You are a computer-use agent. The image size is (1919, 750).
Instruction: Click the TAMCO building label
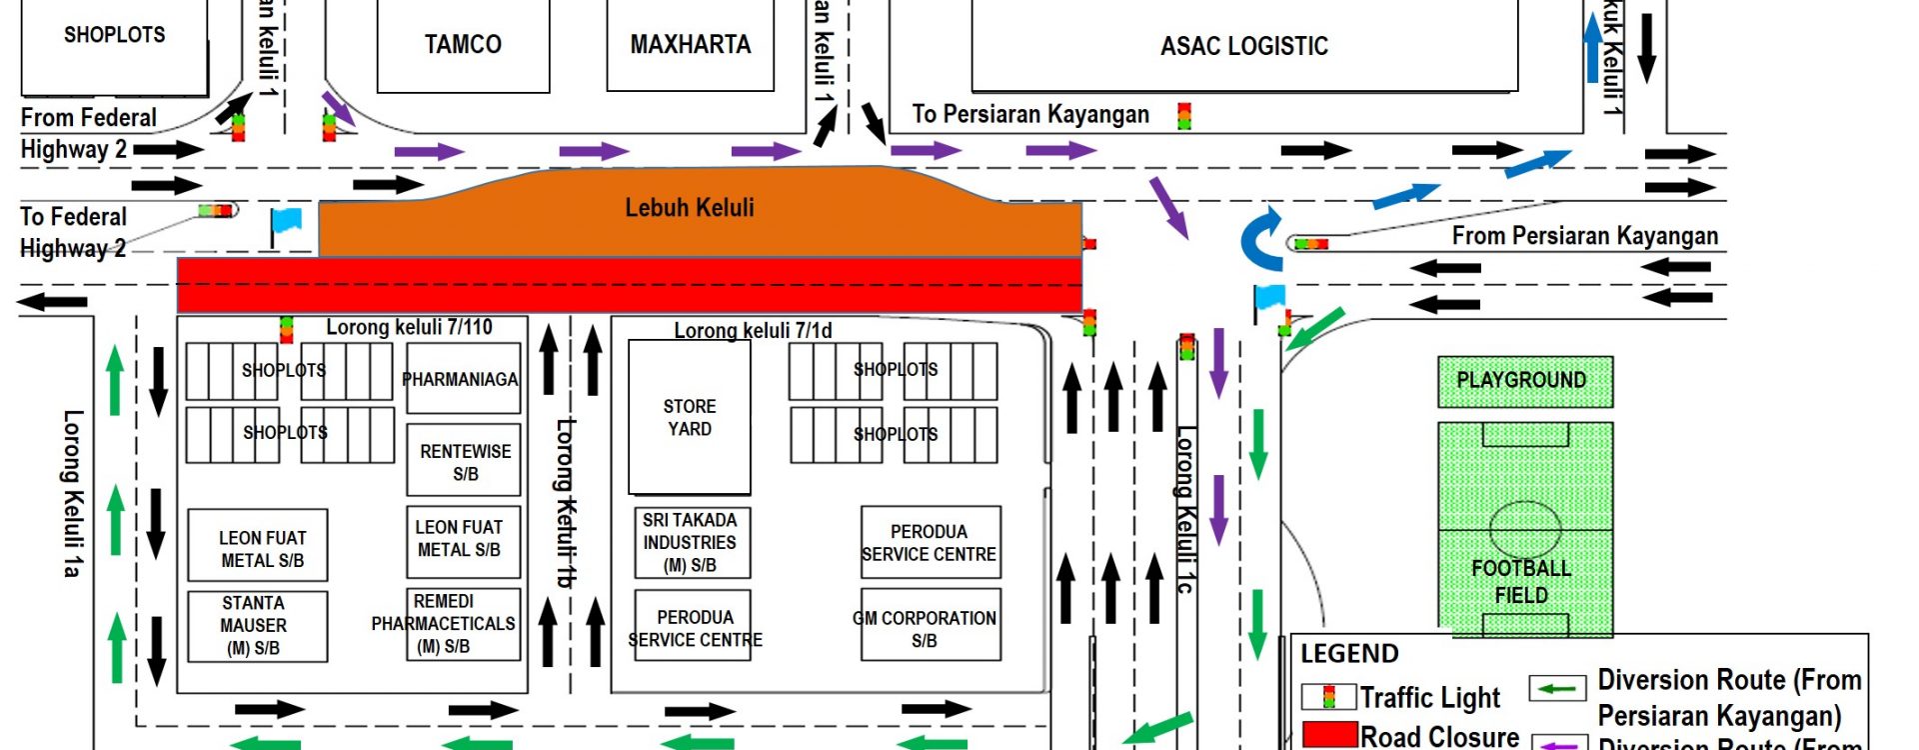pos(463,45)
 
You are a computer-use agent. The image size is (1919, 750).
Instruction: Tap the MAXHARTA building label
pos(690,45)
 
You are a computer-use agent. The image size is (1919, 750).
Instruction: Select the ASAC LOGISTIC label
pos(1243,46)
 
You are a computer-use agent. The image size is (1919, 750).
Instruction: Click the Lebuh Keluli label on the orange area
pos(690,208)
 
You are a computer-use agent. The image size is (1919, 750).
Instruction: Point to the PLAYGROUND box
pos(1523,381)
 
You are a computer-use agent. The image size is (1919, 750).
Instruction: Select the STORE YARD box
pos(689,417)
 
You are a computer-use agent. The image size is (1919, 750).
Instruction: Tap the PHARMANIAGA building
pos(462,379)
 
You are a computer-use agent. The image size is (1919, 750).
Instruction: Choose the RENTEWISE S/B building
pos(464,461)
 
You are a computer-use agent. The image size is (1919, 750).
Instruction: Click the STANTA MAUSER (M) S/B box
pos(257,626)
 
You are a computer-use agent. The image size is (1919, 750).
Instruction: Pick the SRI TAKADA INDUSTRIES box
pos(691,543)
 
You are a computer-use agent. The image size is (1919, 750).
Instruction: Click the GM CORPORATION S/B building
pos(928,628)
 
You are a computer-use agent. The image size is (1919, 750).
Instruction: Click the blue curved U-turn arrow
pos(1261,240)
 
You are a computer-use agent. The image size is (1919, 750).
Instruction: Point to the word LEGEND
pos(1349,654)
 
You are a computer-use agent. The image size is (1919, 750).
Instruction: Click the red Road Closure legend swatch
pos(1329,735)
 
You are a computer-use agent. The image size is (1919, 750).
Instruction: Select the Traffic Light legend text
pos(1429,697)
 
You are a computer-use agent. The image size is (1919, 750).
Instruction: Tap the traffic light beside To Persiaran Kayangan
pos(1184,116)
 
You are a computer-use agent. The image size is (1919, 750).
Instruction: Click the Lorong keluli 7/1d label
pos(753,331)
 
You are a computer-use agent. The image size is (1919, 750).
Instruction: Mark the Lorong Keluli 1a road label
pos(71,493)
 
